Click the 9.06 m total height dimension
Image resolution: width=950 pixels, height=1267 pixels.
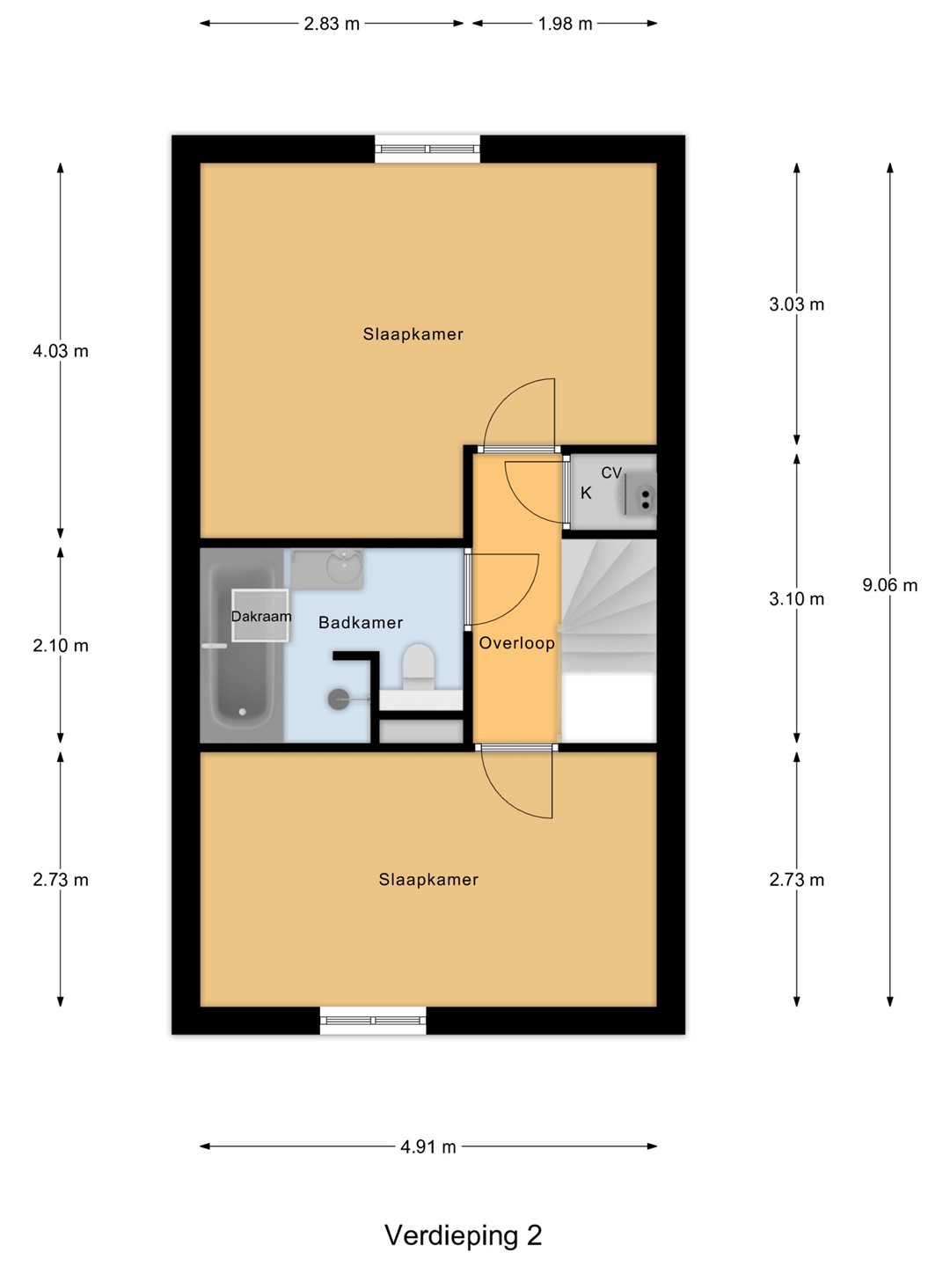(889, 585)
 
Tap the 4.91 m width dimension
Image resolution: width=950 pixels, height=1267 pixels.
(428, 1146)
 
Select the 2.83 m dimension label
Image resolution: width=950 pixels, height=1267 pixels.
(332, 24)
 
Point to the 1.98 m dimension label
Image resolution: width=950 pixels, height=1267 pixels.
(566, 24)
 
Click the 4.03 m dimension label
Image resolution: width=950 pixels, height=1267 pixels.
(61, 351)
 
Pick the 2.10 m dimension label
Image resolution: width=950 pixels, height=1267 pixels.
(61, 645)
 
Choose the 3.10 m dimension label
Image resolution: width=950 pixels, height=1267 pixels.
(797, 599)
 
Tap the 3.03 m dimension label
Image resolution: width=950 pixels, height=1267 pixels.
(797, 304)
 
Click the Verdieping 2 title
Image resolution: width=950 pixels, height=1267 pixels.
(464, 1236)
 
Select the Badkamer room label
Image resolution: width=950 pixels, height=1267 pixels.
(361, 623)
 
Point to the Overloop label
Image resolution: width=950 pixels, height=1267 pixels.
(517, 643)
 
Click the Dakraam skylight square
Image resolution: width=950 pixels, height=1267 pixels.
(260, 615)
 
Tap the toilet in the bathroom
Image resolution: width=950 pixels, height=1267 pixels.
(418, 667)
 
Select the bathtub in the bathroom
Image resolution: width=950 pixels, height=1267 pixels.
(242, 645)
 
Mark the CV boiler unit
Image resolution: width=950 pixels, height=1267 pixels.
(639, 493)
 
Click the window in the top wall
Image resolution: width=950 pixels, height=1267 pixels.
(427, 149)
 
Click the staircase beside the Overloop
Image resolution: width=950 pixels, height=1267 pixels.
(609, 641)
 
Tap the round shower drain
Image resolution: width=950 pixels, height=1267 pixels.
(339, 699)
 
